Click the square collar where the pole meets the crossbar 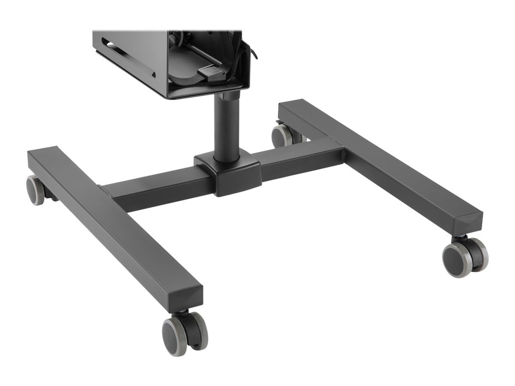tap(227, 173)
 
